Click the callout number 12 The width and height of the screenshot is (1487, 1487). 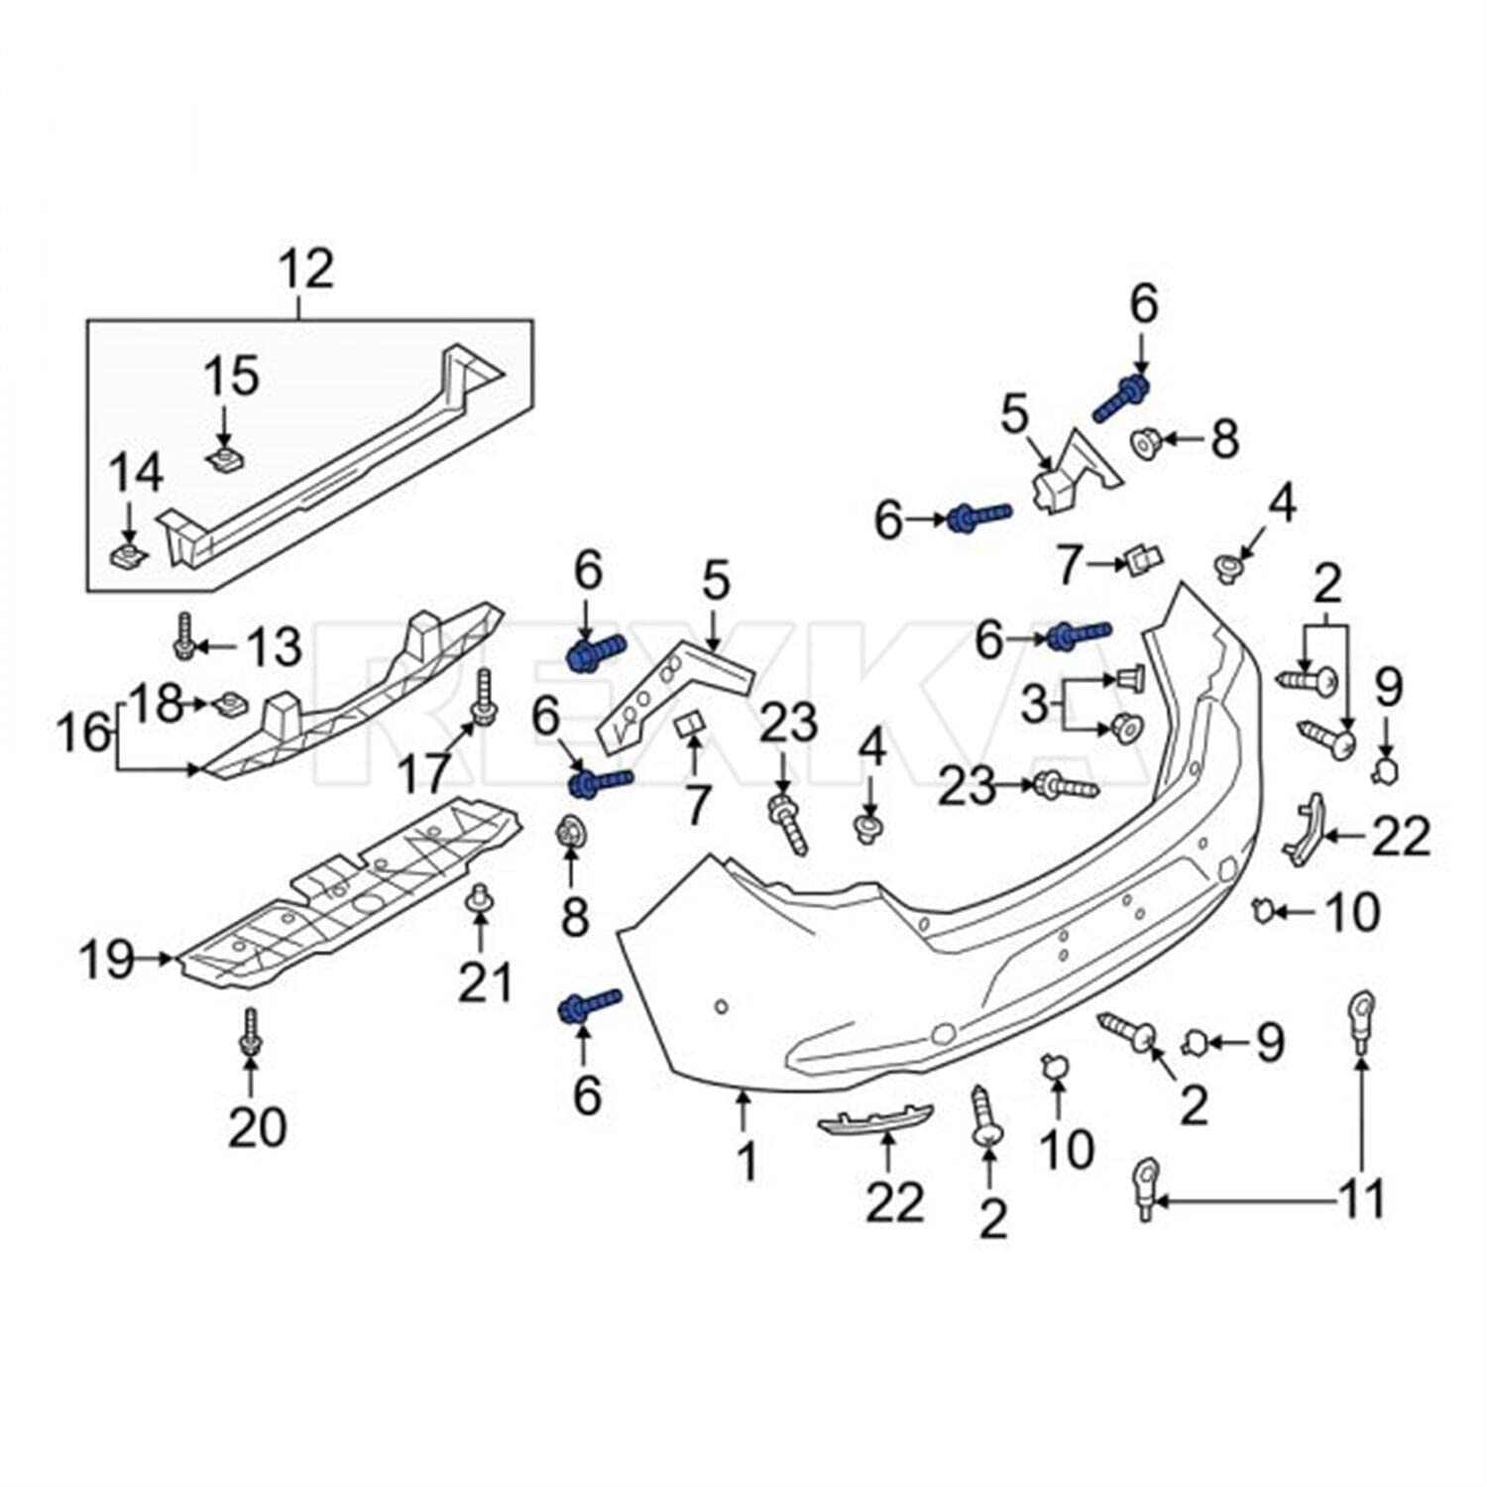tap(306, 270)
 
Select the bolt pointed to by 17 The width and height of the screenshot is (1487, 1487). tap(484, 697)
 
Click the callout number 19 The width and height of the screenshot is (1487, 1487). tap(105, 959)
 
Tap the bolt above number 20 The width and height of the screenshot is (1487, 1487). tap(250, 1031)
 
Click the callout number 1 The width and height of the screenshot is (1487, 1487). tap(745, 1161)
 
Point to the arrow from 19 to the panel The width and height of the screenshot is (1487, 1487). tap(156, 958)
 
